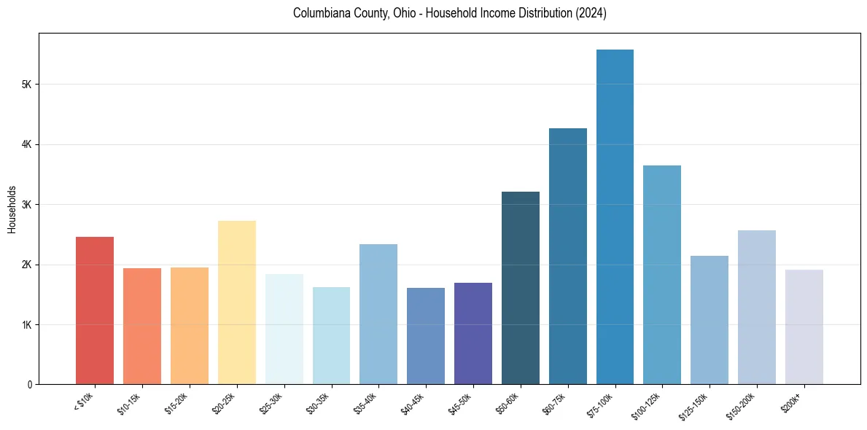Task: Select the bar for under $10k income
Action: (x=95, y=310)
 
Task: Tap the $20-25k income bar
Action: (x=237, y=302)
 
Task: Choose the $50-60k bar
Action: (x=521, y=288)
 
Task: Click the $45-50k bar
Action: (x=473, y=333)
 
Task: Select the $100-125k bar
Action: (x=662, y=275)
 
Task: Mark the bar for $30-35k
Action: (x=331, y=335)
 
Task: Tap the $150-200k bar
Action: (x=756, y=307)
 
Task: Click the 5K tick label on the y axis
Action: (x=26, y=85)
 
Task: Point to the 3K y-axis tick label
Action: (x=26, y=205)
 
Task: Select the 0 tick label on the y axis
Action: (x=30, y=384)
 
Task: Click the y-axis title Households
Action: (x=12, y=209)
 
